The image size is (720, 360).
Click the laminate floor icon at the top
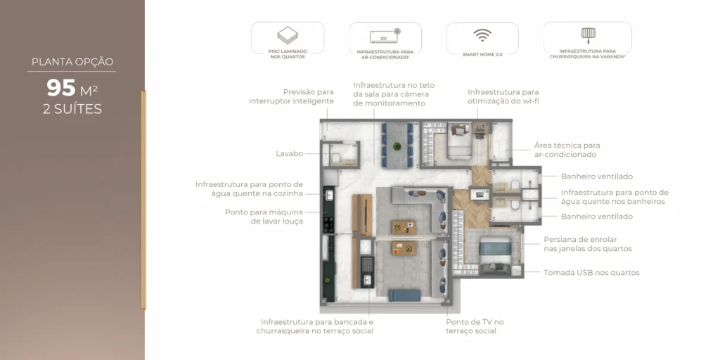(x=288, y=35)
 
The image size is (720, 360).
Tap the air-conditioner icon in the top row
(x=385, y=35)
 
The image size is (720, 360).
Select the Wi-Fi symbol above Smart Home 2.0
(x=482, y=35)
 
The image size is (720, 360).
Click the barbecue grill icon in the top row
(x=587, y=34)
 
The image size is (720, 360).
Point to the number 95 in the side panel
(x=61, y=88)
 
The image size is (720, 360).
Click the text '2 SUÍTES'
(x=72, y=109)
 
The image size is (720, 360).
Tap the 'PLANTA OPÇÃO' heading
(x=72, y=62)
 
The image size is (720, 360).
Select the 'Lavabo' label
(x=289, y=153)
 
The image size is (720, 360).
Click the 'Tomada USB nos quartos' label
(x=591, y=273)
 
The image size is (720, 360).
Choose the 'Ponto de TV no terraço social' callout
(x=475, y=326)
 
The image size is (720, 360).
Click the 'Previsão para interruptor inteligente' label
(x=291, y=96)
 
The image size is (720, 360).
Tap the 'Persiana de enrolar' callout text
(x=587, y=244)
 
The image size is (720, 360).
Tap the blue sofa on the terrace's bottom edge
(x=404, y=296)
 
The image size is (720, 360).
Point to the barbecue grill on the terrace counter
(x=367, y=266)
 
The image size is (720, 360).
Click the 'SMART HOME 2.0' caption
(x=482, y=53)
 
